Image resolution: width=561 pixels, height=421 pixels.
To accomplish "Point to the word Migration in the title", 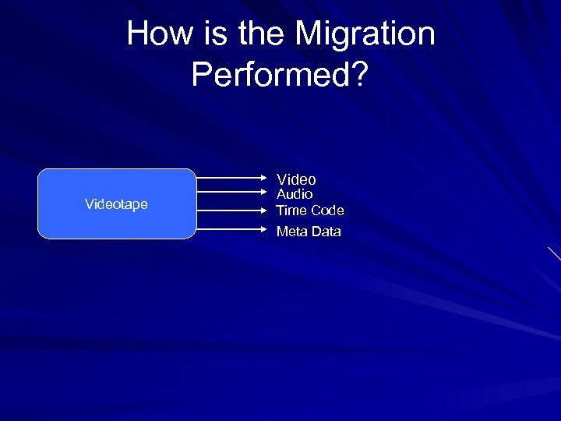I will (365, 34).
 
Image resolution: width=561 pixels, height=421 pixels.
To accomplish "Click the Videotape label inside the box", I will (116, 204).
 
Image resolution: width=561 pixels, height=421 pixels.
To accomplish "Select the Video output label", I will (296, 179).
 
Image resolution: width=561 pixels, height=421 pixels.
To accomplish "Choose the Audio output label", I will (295, 194).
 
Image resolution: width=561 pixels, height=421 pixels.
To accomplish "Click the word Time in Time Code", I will (291, 210).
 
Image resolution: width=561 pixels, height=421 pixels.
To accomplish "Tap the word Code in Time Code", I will (327, 210).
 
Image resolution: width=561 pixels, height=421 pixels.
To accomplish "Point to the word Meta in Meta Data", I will (292, 232).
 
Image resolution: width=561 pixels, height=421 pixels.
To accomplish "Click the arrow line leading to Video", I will (230, 178).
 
